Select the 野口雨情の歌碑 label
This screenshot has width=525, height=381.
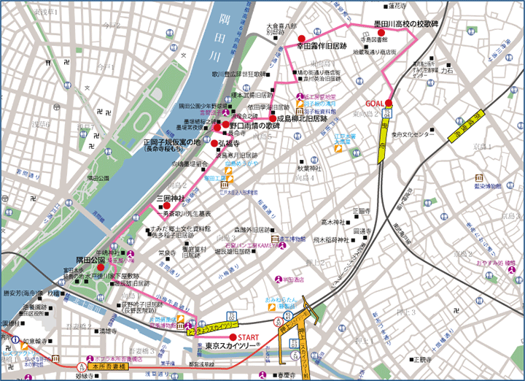(x=253, y=126)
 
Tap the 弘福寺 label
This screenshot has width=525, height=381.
(x=227, y=144)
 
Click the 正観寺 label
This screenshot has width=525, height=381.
(x=361, y=211)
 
